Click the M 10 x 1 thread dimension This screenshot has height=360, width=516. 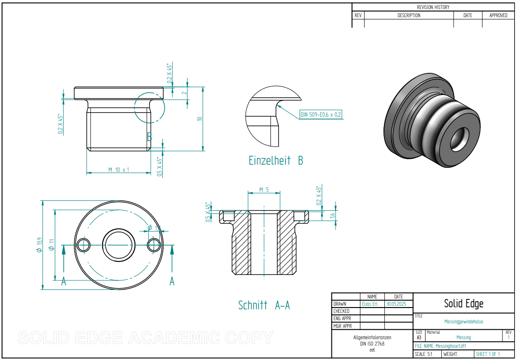coord(118,170)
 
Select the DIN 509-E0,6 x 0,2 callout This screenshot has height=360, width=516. coord(321,115)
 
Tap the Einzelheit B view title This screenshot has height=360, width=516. coord(275,160)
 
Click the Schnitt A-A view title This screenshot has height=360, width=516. coord(264,305)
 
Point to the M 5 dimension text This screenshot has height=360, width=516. coord(264,189)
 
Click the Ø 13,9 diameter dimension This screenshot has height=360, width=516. coord(40,245)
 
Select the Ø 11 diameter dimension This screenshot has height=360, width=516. coord(52,245)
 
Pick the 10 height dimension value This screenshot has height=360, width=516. coord(199,118)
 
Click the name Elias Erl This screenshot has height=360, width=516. coord(369,304)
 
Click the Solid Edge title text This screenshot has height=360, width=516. coord(464,303)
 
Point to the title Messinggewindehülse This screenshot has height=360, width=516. coord(464,322)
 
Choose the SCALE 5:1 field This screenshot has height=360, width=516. coord(424,354)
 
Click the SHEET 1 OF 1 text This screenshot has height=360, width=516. coord(488,354)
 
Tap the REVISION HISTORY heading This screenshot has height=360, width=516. coord(433,7)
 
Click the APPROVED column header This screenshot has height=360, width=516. coord(498,15)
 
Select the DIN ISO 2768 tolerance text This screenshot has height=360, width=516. coord(372,343)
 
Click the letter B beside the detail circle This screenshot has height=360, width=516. coord(149,137)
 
